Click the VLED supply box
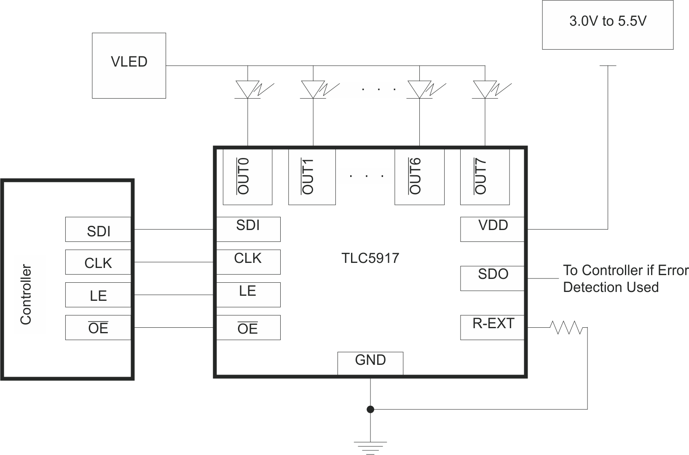[129, 66]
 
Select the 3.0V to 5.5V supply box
[607, 25]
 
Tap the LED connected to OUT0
[248, 89]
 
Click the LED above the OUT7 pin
[485, 89]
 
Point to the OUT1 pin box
[312, 177]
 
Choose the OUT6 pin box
[419, 177]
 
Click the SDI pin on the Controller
[98, 230]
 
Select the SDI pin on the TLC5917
[248, 229]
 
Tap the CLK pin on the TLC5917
[248, 262]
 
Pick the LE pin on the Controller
[98, 295]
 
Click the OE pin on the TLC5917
[248, 328]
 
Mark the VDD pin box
[492, 229]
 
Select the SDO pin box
[492, 278]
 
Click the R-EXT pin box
[492, 327]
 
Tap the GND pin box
[370, 363]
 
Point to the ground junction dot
[370, 409]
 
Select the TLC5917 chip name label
[370, 258]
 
